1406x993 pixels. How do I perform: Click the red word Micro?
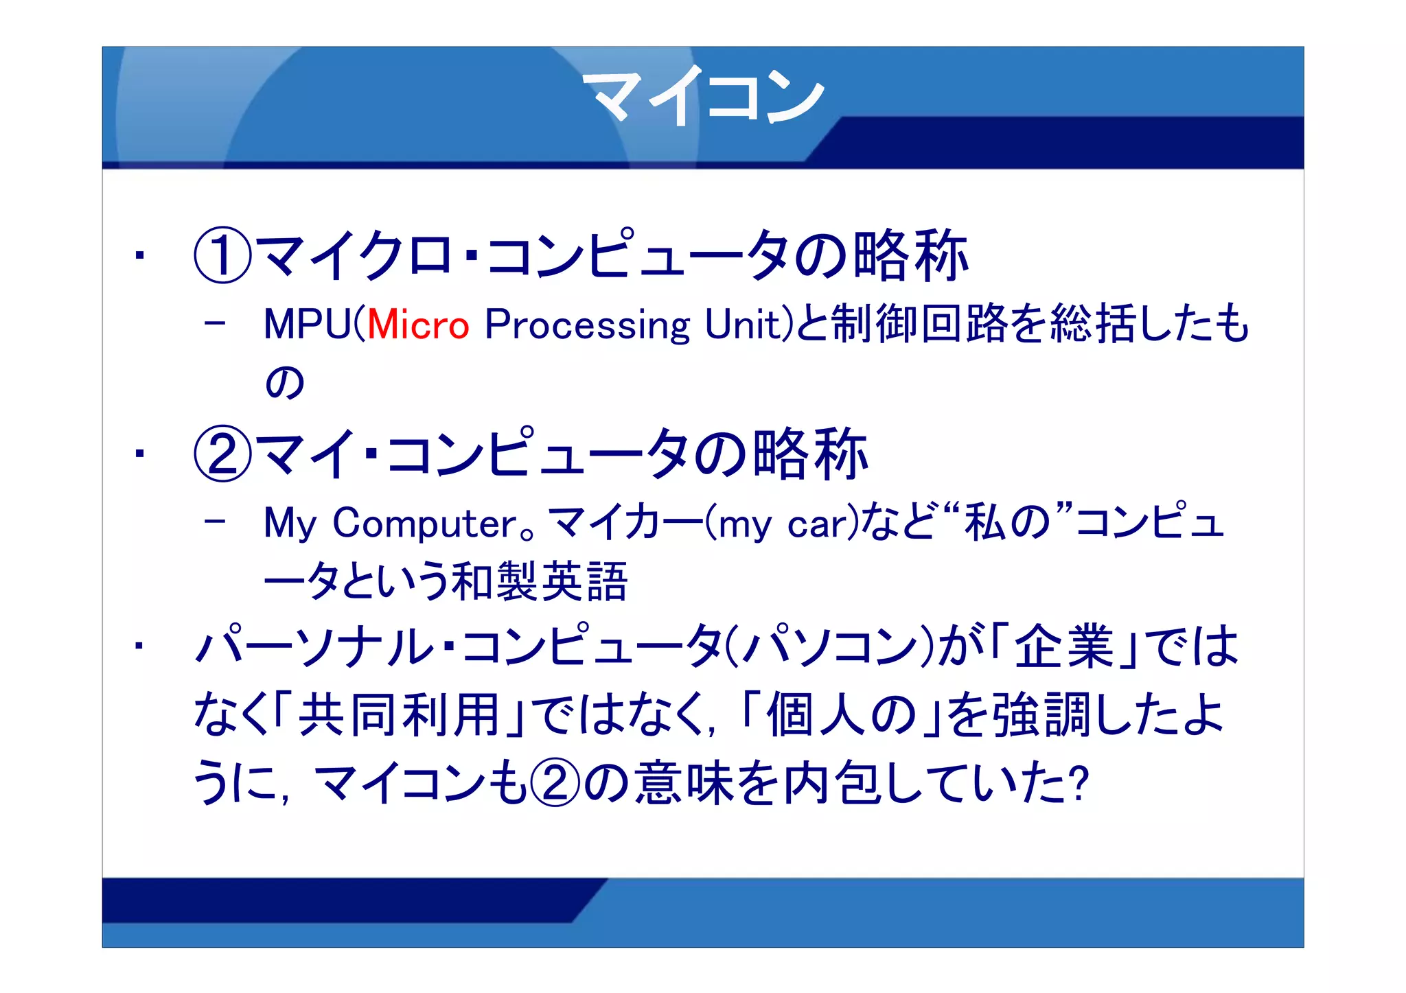tap(418, 325)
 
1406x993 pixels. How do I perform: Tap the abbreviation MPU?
tap(306, 325)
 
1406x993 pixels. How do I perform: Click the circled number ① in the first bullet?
tap(222, 255)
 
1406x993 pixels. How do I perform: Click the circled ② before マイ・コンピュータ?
tap(222, 454)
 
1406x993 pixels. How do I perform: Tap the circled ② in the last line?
tap(555, 782)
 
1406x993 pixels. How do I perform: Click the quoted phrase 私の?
tap(1007, 523)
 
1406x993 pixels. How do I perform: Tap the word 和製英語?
tap(540, 582)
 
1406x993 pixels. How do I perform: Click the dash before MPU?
tap(215, 323)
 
